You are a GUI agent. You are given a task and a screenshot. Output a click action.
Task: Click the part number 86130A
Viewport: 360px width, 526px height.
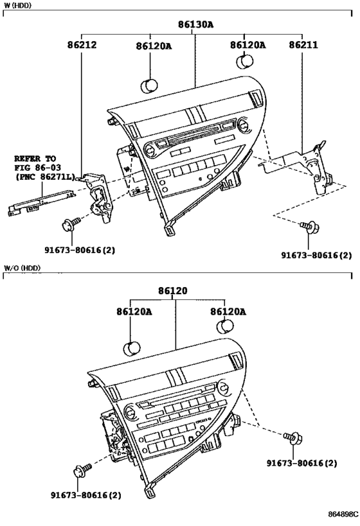(195, 25)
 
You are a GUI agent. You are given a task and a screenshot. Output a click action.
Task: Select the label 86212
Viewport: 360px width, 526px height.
(81, 46)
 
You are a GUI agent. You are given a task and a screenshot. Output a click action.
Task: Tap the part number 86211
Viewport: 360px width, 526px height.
(302, 46)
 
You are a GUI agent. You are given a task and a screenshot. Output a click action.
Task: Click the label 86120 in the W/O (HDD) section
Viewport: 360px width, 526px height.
(174, 291)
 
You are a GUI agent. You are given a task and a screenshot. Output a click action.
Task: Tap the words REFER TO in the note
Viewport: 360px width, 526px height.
(35, 158)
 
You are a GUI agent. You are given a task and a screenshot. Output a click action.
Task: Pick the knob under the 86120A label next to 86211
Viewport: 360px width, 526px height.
(245, 62)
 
